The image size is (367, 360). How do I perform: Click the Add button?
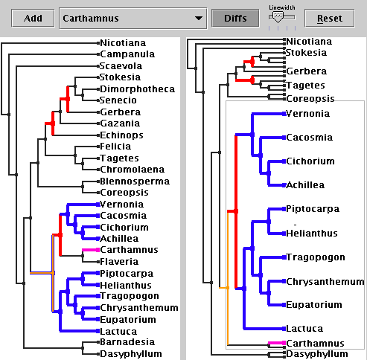(x=33, y=18)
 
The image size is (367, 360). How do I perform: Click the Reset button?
(x=330, y=18)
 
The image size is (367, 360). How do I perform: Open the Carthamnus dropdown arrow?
(x=199, y=18)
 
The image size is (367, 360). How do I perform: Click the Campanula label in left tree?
(x=127, y=54)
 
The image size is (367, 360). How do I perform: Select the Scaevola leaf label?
(x=121, y=66)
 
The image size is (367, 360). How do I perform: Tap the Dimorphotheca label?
(x=137, y=89)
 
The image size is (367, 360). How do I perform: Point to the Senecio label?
(x=118, y=100)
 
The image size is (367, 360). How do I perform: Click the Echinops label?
(x=121, y=135)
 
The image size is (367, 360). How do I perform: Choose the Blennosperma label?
(x=135, y=181)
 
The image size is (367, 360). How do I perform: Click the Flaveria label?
(x=119, y=262)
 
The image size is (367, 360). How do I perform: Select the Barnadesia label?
(x=127, y=342)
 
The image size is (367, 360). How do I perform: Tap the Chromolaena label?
(x=133, y=170)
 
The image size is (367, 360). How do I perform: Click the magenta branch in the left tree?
(x=91, y=250)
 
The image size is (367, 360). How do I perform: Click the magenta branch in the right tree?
(x=276, y=343)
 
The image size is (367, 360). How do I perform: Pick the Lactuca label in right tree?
(x=304, y=329)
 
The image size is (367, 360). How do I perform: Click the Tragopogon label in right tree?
(x=316, y=257)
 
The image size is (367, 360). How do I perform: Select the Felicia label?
(x=115, y=147)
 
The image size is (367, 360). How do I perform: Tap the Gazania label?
(x=120, y=123)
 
